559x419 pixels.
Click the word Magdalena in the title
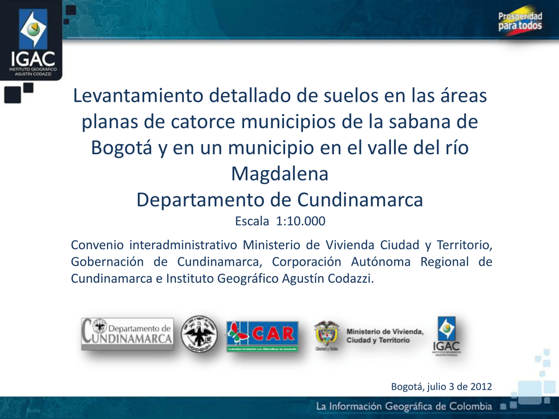[279, 175]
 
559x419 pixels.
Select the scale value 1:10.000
[302, 222]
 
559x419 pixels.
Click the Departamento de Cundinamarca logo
[127, 334]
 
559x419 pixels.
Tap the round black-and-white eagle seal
[199, 334]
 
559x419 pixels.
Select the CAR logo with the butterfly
[262, 336]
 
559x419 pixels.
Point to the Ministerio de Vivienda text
[385, 336]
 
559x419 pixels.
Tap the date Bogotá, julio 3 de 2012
[441, 386]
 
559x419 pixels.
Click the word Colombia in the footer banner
[471, 407]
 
